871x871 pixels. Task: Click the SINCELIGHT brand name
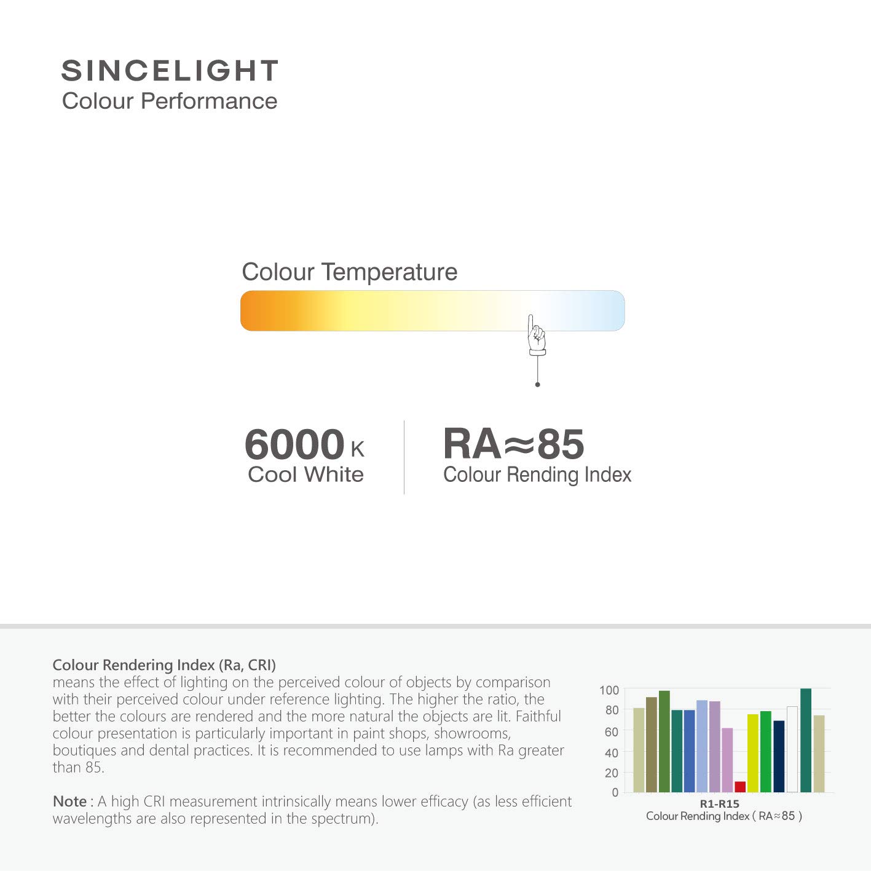[x=170, y=71]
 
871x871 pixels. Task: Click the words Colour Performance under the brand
[x=170, y=101]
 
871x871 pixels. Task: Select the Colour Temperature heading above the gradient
[x=349, y=272]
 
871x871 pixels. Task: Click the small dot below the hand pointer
[x=537, y=385]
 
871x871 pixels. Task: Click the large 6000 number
[x=294, y=444]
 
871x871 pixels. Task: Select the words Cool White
[x=305, y=475]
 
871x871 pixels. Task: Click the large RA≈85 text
[x=513, y=444]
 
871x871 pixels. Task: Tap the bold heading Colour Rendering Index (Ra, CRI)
[x=164, y=664]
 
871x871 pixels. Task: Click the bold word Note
[x=69, y=802]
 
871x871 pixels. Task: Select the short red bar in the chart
[x=740, y=787]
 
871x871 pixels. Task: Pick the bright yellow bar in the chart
[x=753, y=753]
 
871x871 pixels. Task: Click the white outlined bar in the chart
[x=792, y=749]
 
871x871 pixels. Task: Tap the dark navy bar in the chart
[x=779, y=756]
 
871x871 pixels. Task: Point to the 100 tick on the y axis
[x=609, y=690]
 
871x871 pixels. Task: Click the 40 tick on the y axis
[x=610, y=752]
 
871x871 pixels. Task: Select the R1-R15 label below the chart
[x=719, y=803]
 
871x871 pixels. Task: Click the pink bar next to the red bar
[x=727, y=760]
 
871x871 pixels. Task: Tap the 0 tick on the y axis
[x=615, y=792]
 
